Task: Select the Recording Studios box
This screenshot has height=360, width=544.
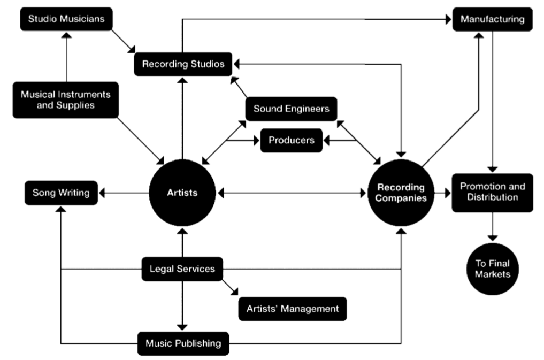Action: [x=183, y=64]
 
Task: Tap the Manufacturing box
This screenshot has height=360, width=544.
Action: [x=492, y=20]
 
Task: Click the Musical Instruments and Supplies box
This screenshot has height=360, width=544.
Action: [x=66, y=99]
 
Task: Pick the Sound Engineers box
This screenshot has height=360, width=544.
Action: [x=291, y=109]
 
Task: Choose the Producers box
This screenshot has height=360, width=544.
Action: [x=292, y=141]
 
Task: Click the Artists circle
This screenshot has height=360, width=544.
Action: [x=182, y=193]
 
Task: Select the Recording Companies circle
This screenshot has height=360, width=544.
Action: [x=401, y=193]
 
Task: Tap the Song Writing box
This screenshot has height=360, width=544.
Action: [x=62, y=193]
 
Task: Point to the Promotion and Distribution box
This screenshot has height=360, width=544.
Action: [x=493, y=193]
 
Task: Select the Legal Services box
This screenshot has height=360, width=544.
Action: [x=182, y=269]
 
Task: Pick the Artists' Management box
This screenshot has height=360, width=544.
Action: [x=292, y=309]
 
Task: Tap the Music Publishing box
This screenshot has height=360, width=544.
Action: [x=183, y=343]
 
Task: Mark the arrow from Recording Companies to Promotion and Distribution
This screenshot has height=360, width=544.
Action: [x=442, y=193]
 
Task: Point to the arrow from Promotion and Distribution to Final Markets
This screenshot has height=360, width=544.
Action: [x=493, y=227]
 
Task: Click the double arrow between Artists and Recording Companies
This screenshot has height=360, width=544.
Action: [x=292, y=193]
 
